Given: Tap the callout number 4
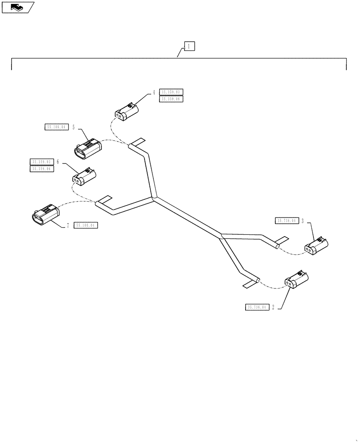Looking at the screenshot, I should (x=154, y=93).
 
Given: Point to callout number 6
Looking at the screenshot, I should (x=58, y=162).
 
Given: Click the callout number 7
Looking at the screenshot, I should (x=68, y=225).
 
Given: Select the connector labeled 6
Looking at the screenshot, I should (x=84, y=176).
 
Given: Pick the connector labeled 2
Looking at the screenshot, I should (x=297, y=280).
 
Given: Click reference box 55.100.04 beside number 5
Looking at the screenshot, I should (x=56, y=127).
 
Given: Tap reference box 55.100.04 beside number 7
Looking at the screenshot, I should (x=86, y=225).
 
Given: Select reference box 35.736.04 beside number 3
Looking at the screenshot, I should (x=287, y=220).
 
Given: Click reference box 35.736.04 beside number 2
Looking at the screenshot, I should (x=257, y=307).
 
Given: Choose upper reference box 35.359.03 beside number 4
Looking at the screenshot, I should (x=171, y=92).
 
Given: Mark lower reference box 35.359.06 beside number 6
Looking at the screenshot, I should (x=41, y=169).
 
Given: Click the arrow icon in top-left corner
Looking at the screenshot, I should (x=17, y=7).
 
